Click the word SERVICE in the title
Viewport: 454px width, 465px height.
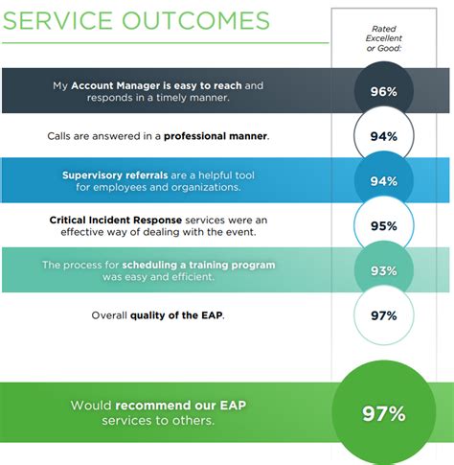[66, 20]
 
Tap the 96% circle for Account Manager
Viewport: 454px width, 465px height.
[383, 93]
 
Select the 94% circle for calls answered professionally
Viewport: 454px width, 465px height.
[383, 136]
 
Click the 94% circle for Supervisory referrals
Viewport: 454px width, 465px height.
[383, 181]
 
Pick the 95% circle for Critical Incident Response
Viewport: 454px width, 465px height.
[383, 226]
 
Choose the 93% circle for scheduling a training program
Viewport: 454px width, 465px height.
[383, 271]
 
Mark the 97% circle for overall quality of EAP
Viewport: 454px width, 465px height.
[383, 315]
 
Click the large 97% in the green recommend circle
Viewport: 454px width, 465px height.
[383, 413]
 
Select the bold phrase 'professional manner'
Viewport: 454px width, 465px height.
[216, 136]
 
